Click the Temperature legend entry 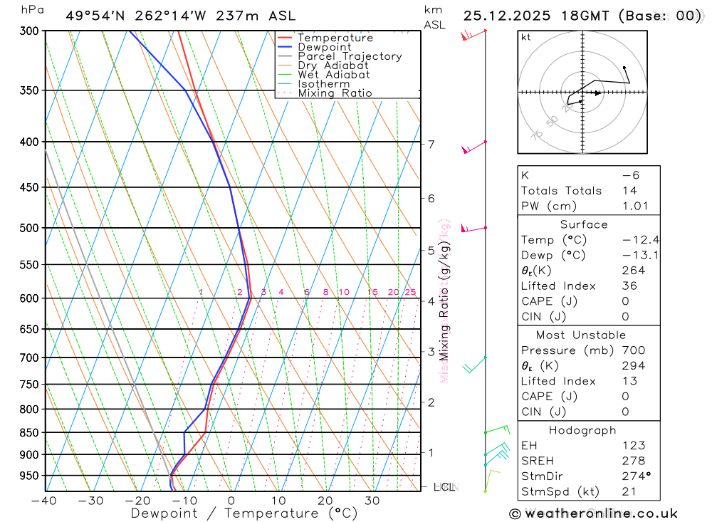[x=335, y=38]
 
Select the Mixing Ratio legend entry [x=335, y=93]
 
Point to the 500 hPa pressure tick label [x=29, y=228]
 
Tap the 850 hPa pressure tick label [x=29, y=432]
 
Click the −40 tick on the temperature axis [x=44, y=501]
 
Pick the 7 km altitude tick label [x=431, y=145]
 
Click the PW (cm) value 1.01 [x=635, y=206]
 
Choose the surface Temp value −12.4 [x=635, y=240]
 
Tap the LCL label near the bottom [x=444, y=487]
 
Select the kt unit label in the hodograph [x=525, y=37]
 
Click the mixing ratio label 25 [x=410, y=292]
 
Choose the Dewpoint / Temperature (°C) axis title [x=244, y=513]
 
